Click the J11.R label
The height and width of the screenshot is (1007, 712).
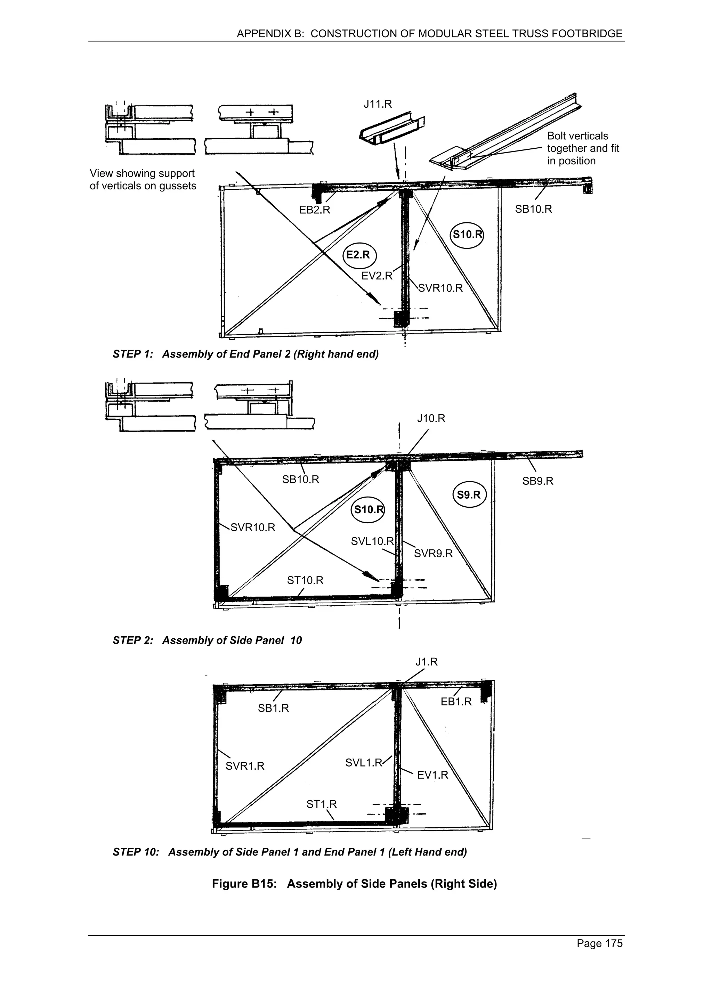(377, 104)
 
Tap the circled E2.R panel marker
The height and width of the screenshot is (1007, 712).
(359, 255)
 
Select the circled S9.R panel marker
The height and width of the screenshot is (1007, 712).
(469, 495)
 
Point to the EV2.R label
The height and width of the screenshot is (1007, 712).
(377, 276)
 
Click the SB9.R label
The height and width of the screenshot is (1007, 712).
(537, 481)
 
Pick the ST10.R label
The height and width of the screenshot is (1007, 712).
(305, 580)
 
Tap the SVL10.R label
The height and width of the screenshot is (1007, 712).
(372, 541)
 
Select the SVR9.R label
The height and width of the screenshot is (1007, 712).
(433, 554)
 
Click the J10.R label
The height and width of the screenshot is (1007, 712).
(431, 418)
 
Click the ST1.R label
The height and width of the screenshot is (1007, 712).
(321, 804)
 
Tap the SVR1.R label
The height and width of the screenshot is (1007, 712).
(245, 766)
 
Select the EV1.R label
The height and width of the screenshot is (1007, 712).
(432, 775)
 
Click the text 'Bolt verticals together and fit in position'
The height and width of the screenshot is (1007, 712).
(583, 148)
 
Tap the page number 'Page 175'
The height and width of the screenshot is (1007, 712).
(599, 943)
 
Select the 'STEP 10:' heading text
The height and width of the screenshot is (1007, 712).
(136, 852)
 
